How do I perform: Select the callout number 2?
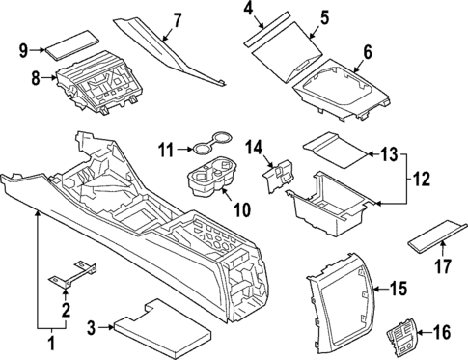[65, 310]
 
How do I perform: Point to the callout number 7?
[177, 19]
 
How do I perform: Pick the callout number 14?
[255, 148]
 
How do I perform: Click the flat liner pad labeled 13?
[338, 145]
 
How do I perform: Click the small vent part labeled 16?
[401, 340]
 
